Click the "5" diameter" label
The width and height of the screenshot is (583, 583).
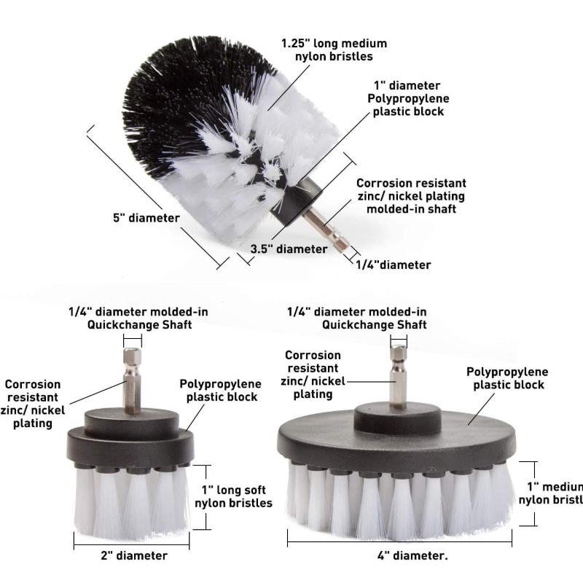pos(146,218)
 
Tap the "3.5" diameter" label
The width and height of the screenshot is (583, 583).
pos(289,249)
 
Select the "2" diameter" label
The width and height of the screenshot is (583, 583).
pos(134,555)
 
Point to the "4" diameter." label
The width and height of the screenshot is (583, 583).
pos(412,555)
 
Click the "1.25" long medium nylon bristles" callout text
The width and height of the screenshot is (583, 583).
pos(334,50)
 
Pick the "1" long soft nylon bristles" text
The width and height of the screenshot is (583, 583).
pos(233,496)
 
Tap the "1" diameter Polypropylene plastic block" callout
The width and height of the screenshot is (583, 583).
pos(408,98)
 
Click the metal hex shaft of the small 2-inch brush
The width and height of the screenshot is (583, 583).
pos(132,380)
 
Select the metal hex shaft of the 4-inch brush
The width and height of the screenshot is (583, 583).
pos(398,376)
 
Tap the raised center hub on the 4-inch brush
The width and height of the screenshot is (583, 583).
pos(397,422)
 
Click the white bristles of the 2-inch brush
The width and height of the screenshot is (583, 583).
pos(132,502)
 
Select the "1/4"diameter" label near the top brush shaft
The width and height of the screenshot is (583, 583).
pos(394,265)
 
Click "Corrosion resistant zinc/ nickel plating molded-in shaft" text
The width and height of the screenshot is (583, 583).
pos(411,196)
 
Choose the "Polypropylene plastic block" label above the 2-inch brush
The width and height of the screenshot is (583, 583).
pos(221,391)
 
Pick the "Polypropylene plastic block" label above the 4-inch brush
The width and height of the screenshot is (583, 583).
pos(507,378)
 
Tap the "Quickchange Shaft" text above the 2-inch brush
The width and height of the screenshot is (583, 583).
pos(139,324)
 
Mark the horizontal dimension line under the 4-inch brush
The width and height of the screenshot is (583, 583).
pos(399,541)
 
